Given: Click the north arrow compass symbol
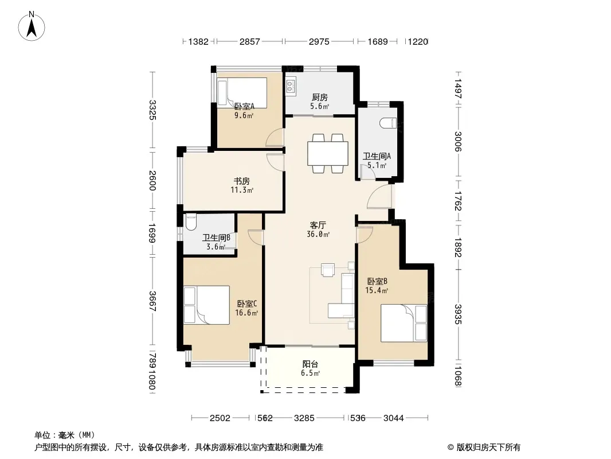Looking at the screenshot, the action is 32,26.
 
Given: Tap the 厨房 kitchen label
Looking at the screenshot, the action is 319,98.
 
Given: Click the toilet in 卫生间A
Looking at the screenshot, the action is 388,123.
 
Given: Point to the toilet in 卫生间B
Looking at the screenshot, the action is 190,221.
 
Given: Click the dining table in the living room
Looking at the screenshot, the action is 327,153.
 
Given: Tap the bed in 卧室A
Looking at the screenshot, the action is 242,93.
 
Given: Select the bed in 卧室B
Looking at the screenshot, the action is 404,323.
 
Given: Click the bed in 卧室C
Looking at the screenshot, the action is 206,305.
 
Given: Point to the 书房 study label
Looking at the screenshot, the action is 242,181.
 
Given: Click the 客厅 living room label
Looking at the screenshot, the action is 318,225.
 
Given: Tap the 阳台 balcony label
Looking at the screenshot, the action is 310,364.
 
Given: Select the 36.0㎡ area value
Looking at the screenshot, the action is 318,234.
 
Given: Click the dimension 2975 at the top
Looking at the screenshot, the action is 319,41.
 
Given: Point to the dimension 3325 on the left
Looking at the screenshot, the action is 152,110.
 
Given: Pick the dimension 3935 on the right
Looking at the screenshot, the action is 459,314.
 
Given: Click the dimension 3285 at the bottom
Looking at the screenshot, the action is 304,418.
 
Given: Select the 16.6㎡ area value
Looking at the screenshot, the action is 246,313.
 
